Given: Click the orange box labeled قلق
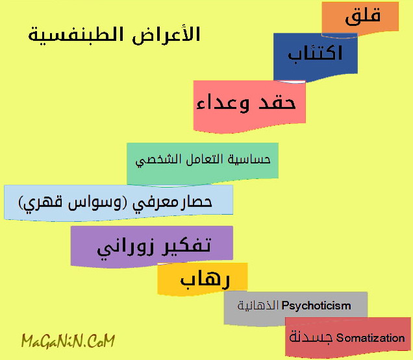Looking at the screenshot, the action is coord(360,18).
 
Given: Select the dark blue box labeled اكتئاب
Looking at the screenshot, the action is coord(316,56).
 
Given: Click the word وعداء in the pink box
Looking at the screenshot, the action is coord(223,103).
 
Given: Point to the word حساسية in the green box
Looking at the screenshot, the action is coord(249,159).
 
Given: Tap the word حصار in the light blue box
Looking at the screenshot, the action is coord(198,202).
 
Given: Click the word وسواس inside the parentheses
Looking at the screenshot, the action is coord(95,202).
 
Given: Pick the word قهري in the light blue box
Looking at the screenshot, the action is coord(41,204).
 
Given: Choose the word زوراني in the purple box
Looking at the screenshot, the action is coord(126,248).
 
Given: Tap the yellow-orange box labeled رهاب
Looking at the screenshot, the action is coord(203,279).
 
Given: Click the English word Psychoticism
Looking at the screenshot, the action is coord(316,306).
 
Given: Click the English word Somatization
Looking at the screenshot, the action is coord(371,338).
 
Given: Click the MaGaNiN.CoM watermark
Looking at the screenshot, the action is coord(68,341).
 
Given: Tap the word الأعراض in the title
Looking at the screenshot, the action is coord(166,35).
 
